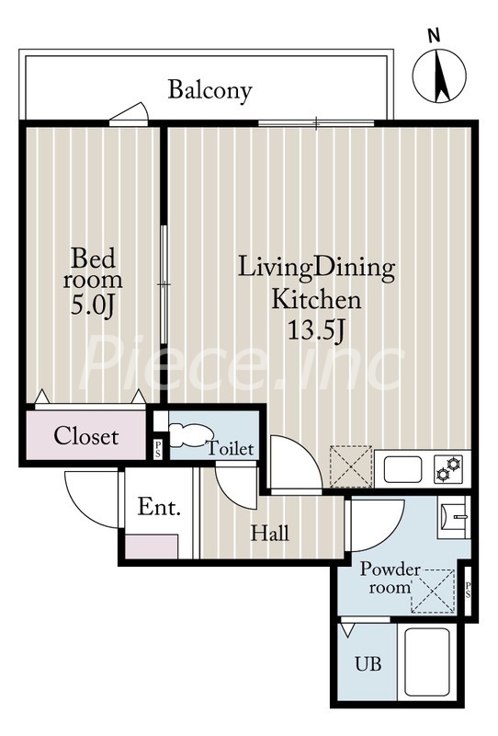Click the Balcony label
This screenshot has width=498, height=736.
[209, 90]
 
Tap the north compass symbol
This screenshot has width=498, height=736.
[439, 75]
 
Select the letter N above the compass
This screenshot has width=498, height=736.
[435, 36]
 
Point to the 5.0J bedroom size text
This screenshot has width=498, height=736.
[93, 305]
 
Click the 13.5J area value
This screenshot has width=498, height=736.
[316, 330]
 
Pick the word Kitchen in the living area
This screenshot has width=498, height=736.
[316, 299]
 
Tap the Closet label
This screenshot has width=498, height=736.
[85, 436]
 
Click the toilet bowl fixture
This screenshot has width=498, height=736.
[190, 434]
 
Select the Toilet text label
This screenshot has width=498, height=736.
[231, 448]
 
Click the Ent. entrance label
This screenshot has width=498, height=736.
[159, 508]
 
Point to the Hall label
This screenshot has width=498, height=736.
[269, 534]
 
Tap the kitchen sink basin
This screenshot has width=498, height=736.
[402, 469]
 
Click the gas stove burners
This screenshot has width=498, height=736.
[447, 469]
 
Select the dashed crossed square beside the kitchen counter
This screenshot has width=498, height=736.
[351, 466]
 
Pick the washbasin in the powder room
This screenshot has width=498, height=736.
[454, 517]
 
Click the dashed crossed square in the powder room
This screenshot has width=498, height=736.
[434, 592]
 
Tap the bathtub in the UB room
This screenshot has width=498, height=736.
[427, 661]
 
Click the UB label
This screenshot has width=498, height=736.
[368, 664]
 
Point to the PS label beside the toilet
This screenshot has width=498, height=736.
[158, 449]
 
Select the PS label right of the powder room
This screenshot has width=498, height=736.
[468, 590]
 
